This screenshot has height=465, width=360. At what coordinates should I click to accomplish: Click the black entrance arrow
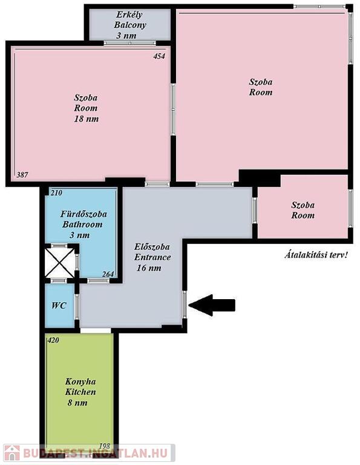click(x=212, y=305)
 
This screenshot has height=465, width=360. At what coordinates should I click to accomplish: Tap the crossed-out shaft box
click(x=59, y=263)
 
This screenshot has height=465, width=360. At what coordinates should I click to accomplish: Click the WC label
click(x=59, y=305)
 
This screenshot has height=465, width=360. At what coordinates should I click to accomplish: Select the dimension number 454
click(x=159, y=56)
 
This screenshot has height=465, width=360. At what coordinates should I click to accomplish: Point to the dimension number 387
click(x=22, y=174)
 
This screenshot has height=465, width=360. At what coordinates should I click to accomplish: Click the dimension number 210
click(x=56, y=193)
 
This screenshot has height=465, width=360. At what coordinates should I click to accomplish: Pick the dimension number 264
click(x=108, y=274)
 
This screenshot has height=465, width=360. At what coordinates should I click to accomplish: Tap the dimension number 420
click(x=53, y=340)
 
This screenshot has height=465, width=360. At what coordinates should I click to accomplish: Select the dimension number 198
click(x=104, y=446)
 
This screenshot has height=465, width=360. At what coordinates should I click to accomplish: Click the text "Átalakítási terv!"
click(x=316, y=255)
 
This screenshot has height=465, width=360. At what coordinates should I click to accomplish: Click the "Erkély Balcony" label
click(x=129, y=19)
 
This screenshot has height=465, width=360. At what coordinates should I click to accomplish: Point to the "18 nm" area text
click(x=87, y=119)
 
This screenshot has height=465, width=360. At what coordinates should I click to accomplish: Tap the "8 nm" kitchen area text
click(x=77, y=403)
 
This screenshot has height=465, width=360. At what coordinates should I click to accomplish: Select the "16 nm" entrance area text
click(x=149, y=268)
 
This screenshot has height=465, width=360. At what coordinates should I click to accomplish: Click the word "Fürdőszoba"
click(x=83, y=214)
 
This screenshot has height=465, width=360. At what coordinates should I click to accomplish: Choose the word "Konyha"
click(x=80, y=381)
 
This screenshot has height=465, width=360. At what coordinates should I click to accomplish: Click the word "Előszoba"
click(x=152, y=246)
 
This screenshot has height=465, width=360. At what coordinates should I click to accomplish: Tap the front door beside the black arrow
click(x=185, y=305)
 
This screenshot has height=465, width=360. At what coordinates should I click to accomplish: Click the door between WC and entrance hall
click(x=77, y=306)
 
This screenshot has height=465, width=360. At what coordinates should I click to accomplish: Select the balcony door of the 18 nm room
click(x=129, y=43)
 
